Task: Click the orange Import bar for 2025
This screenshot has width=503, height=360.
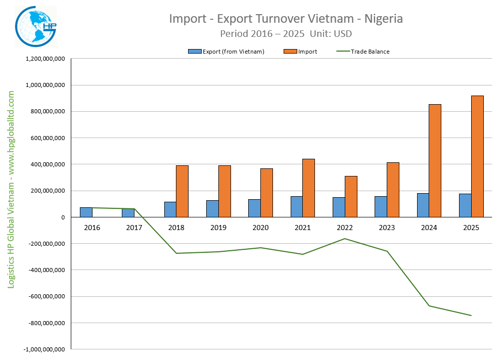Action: [477, 156]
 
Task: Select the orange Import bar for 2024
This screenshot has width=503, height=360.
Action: [435, 161]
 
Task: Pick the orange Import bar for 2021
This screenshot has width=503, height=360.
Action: [308, 188]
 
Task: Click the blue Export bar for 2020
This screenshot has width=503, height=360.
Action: [254, 208]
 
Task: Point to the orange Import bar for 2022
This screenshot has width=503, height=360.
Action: [351, 197]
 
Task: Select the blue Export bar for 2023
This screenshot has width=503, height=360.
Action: [381, 207]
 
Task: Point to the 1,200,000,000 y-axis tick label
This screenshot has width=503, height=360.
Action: [44, 59]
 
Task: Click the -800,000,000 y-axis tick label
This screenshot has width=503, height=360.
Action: [44, 323]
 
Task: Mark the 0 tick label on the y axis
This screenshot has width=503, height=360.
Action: [62, 217]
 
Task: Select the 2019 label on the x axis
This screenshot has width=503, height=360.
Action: [218, 228]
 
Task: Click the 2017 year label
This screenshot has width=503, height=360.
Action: [134, 228]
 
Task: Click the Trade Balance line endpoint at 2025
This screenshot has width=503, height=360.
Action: [471, 316]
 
